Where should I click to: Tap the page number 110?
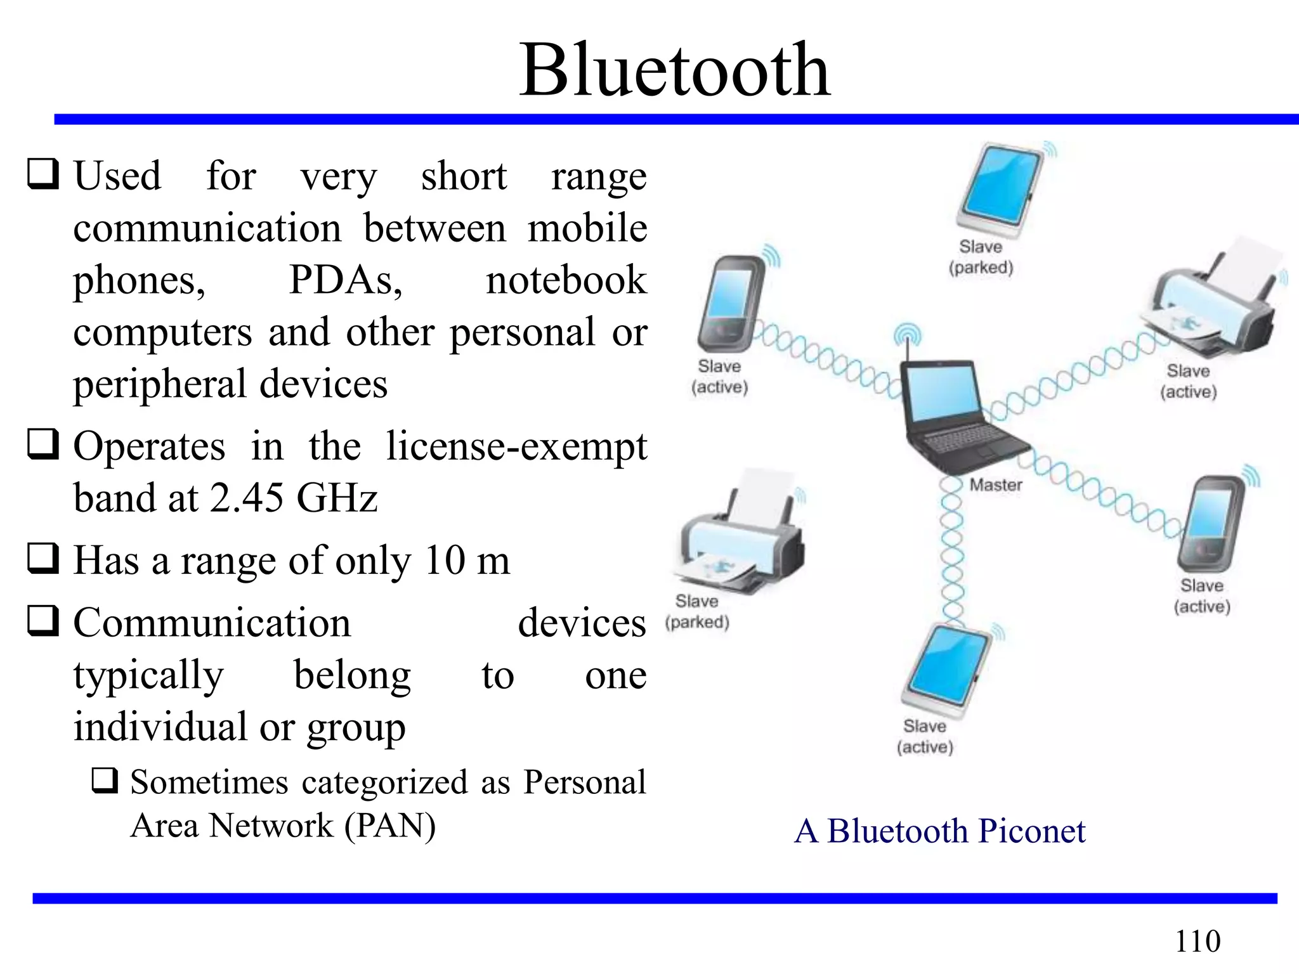tap(1198, 941)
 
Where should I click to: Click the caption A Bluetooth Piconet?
tap(939, 831)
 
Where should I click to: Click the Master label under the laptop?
tap(996, 485)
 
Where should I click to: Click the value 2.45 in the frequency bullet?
tap(247, 498)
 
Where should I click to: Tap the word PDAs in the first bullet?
tap(345, 280)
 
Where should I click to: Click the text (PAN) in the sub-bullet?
tap(390, 826)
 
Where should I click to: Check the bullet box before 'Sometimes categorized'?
tap(105, 781)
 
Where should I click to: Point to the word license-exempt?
tap(516, 446)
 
